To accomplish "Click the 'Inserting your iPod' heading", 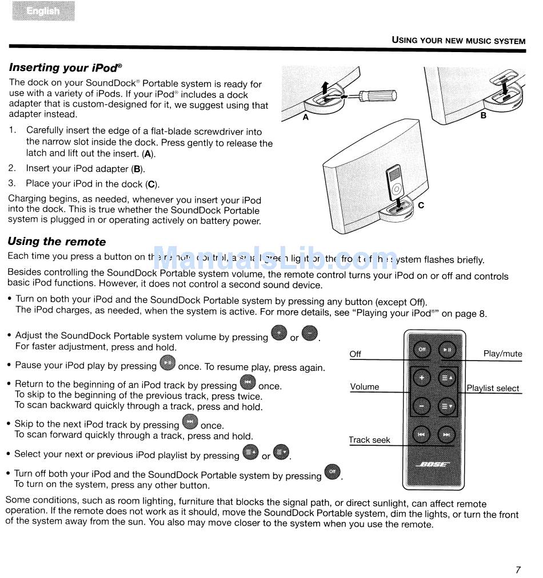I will point(65,68).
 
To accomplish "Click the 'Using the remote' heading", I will point(57,242).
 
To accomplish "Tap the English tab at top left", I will point(43,11).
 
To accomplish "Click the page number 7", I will point(518,569).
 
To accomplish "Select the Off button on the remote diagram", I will point(422,349).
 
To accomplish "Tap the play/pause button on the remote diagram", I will point(447,349).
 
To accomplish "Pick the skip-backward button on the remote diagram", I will point(422,435).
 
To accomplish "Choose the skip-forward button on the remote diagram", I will point(447,435).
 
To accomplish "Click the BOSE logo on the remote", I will point(434,464).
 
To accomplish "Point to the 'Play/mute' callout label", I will point(502,354).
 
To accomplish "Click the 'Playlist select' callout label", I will point(493,388).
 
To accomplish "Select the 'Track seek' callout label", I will point(369,440).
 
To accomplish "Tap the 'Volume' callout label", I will point(365,387).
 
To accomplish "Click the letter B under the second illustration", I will point(483,115).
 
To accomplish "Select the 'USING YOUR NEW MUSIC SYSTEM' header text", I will point(458,41).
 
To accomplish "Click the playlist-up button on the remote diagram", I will point(447,378).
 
